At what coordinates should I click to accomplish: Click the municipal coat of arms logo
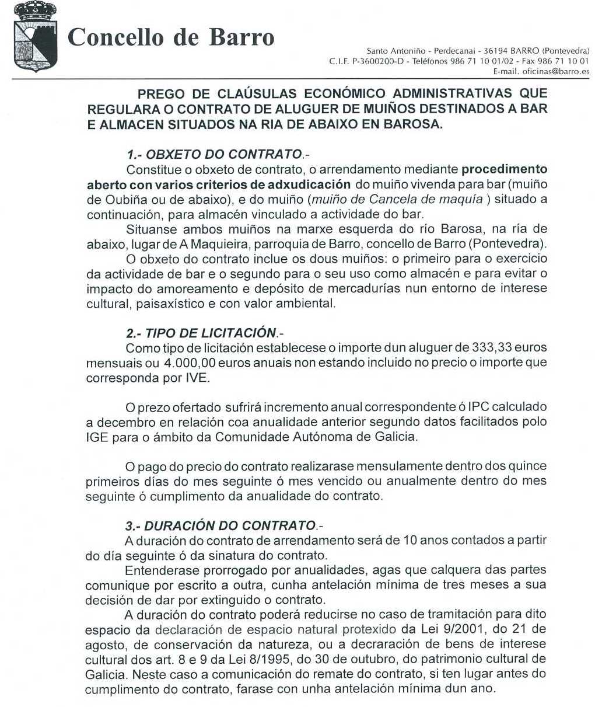tap(35, 36)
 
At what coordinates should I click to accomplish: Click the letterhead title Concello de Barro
tap(171, 37)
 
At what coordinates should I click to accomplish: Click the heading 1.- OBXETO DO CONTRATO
tap(215, 155)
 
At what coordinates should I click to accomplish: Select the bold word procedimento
tap(504, 170)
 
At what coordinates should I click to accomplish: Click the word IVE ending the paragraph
tap(196, 378)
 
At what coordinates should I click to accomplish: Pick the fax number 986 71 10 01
tap(562, 61)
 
